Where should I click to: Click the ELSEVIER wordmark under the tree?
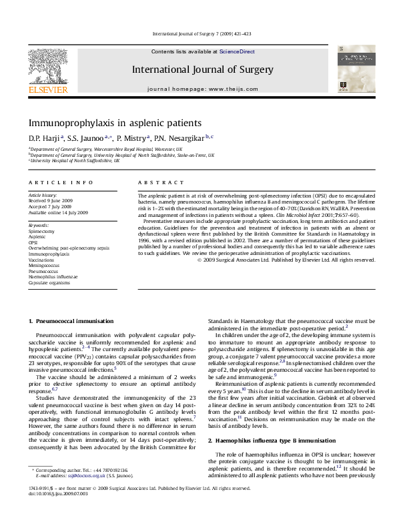(47, 89)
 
